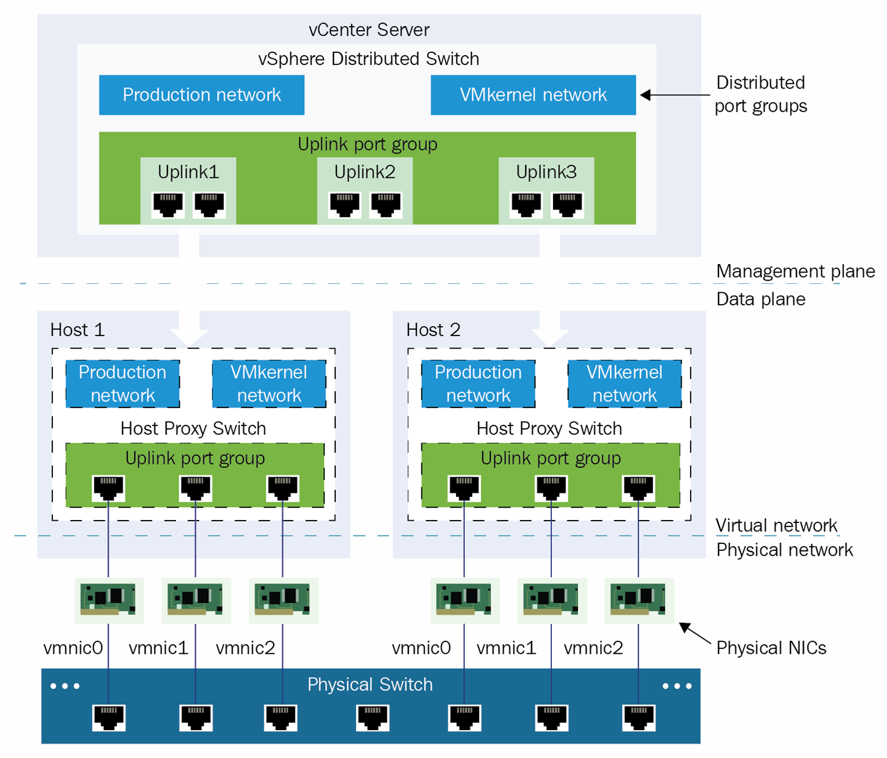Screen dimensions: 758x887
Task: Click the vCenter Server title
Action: [x=368, y=30]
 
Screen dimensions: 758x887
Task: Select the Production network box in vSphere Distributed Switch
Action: [x=201, y=95]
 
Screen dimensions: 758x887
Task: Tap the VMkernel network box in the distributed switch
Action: [x=533, y=95]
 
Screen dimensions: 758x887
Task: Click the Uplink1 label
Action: [x=188, y=172]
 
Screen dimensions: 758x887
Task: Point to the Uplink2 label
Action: [x=364, y=172]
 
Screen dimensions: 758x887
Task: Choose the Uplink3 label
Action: [x=546, y=172]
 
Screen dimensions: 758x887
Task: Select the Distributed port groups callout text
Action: [x=760, y=94]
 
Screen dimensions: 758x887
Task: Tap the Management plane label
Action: [x=795, y=271]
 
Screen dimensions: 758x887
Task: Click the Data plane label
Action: [x=760, y=299]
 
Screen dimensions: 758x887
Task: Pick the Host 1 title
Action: [x=77, y=330]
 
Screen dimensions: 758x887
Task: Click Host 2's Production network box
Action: [x=478, y=384]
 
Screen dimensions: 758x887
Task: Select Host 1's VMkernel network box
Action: [x=269, y=384]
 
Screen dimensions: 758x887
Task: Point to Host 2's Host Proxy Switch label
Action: [x=549, y=428]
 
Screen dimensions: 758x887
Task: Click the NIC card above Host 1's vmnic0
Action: [x=108, y=600]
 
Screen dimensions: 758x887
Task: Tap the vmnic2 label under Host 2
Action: [x=593, y=647]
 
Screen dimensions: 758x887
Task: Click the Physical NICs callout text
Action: [x=771, y=647]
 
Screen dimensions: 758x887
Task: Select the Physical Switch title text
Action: [x=370, y=684]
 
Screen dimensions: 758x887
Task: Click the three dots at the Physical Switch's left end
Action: [x=65, y=686]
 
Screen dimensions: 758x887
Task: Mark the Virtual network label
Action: [x=776, y=525]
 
